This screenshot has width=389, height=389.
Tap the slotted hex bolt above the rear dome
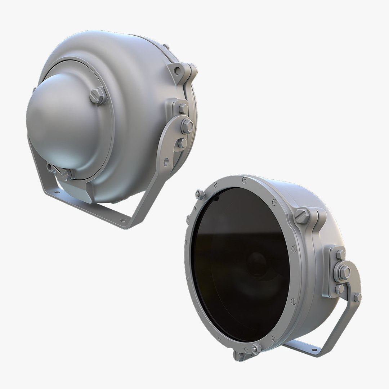(98, 95)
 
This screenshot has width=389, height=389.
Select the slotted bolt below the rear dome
(65, 174)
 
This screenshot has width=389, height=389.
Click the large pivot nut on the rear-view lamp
(187, 126)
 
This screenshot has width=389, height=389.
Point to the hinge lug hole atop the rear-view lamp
(177, 71)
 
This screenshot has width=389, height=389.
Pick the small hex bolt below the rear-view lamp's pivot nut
(182, 143)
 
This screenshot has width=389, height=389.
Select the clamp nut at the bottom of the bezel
(255, 349)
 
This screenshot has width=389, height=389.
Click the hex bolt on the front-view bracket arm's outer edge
(357, 298)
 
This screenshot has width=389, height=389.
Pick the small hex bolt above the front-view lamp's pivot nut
(340, 255)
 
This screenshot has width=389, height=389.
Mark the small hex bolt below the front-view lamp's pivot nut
(339, 289)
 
